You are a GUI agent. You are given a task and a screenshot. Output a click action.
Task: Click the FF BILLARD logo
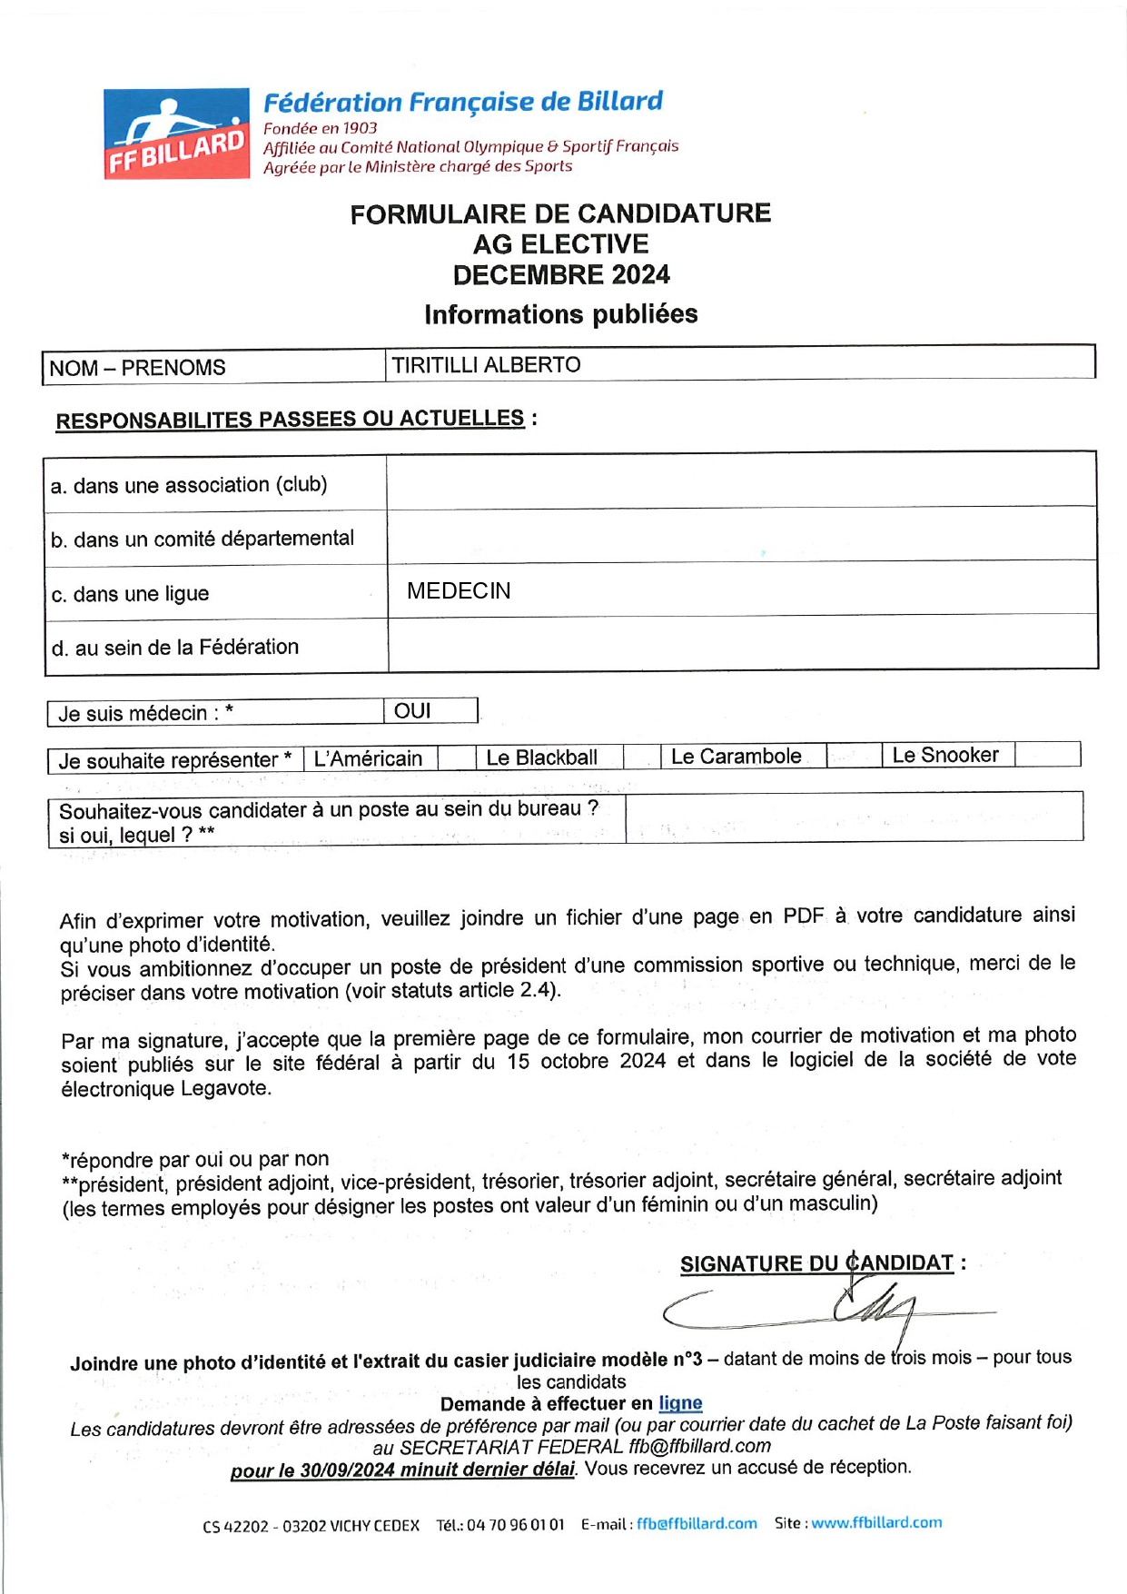click(176, 134)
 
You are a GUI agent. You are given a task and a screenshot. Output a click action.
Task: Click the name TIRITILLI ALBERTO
click(486, 365)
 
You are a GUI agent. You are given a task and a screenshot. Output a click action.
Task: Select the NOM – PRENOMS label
click(137, 368)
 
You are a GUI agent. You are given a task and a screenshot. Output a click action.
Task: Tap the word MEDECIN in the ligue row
click(459, 591)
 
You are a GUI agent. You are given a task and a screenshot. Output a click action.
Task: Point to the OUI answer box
click(430, 711)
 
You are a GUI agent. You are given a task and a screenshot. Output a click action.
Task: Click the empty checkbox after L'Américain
click(456, 757)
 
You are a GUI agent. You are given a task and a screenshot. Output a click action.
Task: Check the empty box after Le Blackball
click(641, 757)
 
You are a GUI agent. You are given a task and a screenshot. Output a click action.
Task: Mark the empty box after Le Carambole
click(854, 756)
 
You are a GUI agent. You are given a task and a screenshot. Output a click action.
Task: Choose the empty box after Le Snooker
click(1047, 754)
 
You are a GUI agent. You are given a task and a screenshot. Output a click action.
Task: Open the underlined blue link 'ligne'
click(680, 1403)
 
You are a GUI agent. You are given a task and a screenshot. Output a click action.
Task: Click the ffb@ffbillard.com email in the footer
click(697, 1523)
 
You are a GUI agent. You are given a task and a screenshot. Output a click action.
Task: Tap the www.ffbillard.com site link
click(876, 1522)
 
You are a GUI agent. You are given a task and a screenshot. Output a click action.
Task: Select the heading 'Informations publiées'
click(561, 314)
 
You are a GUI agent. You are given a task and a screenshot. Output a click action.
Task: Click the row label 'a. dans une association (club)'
click(189, 485)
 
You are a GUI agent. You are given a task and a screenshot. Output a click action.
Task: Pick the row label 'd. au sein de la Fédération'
click(175, 648)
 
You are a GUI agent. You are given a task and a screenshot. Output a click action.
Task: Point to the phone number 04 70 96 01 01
click(515, 1524)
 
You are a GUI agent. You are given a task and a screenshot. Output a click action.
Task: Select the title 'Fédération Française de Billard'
click(463, 102)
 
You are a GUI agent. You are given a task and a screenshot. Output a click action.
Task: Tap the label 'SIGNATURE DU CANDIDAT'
click(816, 1263)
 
